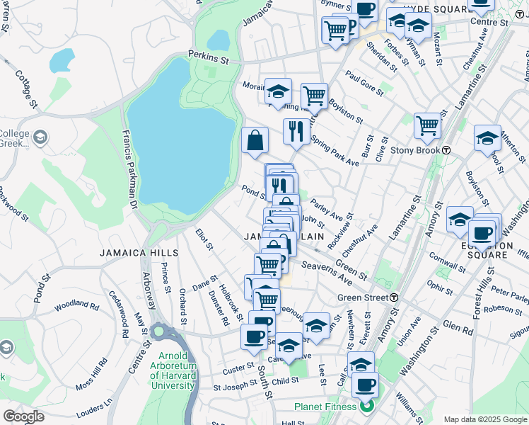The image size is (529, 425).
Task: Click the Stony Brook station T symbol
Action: (x=447, y=150)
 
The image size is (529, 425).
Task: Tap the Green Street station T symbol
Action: (x=393, y=297)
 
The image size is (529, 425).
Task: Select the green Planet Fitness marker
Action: (x=366, y=407)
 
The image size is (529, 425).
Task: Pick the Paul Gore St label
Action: (x=364, y=81)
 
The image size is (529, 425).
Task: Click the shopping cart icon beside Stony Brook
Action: (x=427, y=125)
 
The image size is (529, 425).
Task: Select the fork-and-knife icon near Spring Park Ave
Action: (x=295, y=130)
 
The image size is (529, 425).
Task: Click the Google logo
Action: (x=23, y=416)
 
